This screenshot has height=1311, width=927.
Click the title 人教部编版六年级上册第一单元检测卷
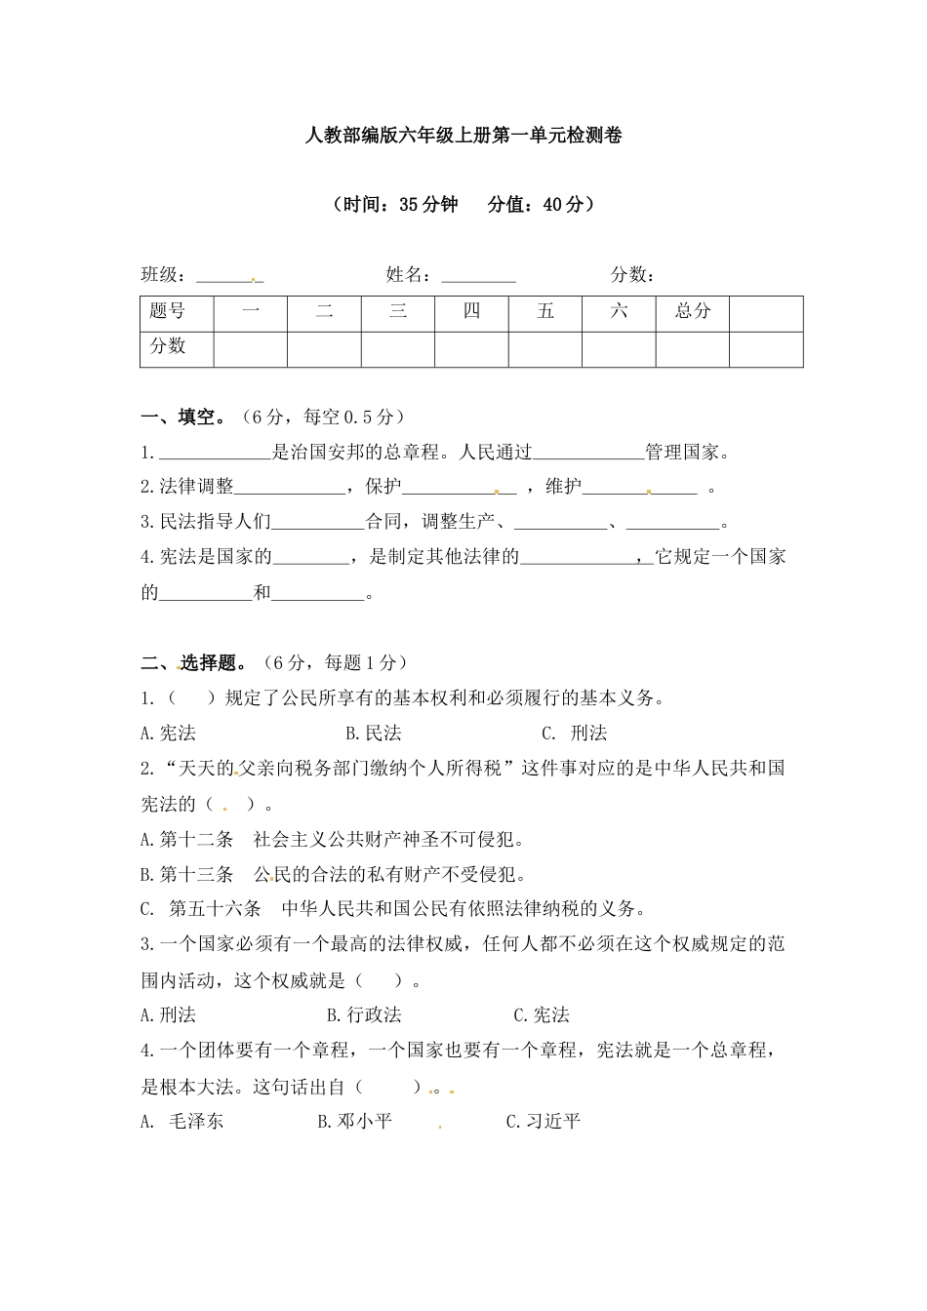coord(463,137)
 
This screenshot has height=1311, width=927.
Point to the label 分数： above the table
coord(633,275)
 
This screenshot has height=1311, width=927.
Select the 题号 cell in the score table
coord(168,311)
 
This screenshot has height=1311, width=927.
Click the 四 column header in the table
coord(471,311)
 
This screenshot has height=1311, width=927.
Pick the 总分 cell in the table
coord(692,311)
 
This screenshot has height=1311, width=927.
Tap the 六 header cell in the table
coord(619,311)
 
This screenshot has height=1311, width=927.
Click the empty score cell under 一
coord(250,348)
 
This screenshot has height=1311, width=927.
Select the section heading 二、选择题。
coord(193,663)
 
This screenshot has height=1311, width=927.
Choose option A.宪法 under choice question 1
coord(168,734)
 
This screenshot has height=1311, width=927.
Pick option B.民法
coord(374,734)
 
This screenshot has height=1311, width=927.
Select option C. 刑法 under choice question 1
coord(575,734)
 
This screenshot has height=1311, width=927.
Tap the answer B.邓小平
coord(355,1121)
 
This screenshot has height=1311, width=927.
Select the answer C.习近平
coord(544,1121)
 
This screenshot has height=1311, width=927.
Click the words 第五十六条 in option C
coord(215,909)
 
